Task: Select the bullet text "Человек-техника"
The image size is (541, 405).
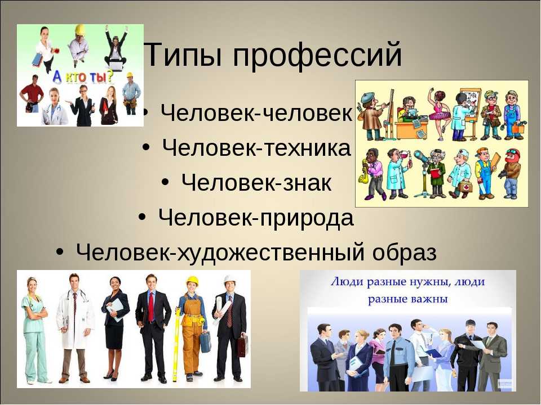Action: click(x=256, y=148)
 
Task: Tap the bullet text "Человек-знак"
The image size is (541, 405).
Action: click(x=256, y=182)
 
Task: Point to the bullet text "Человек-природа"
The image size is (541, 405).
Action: click(x=256, y=218)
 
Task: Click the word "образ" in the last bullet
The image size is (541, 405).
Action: click(x=405, y=253)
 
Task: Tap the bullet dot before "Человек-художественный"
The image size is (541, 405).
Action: click(x=60, y=252)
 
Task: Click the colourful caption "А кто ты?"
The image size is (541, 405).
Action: click(x=83, y=77)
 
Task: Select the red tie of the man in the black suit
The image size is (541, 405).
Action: click(x=151, y=306)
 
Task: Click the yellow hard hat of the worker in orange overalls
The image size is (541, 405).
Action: click(x=192, y=281)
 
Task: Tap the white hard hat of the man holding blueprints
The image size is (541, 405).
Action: click(x=229, y=279)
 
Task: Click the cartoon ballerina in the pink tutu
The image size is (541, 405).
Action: click(x=439, y=114)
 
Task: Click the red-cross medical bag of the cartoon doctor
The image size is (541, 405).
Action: click(x=466, y=188)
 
